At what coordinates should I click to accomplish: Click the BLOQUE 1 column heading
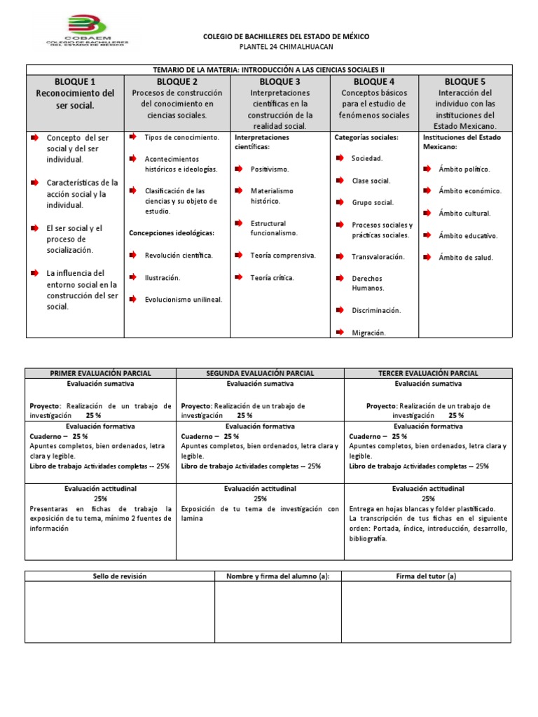75,82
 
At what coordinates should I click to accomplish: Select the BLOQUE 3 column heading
280,82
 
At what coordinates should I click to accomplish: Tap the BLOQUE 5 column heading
465,82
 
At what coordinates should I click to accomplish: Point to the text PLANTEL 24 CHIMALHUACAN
286,47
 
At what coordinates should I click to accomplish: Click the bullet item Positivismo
270,169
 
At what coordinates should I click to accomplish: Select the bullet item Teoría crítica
273,278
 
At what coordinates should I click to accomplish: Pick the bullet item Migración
368,333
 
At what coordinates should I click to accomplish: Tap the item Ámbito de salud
466,258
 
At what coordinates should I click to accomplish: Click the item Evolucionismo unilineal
184,300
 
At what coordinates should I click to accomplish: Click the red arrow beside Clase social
340,181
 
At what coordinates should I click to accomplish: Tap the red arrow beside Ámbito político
427,169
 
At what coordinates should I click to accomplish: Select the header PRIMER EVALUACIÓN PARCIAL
100,374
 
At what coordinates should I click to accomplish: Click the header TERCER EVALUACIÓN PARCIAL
428,374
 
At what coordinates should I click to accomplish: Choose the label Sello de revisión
120,576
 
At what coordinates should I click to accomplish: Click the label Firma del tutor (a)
426,576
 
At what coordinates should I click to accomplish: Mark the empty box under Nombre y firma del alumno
277,612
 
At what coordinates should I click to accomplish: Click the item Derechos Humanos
367,283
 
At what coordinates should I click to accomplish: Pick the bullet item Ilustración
163,278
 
